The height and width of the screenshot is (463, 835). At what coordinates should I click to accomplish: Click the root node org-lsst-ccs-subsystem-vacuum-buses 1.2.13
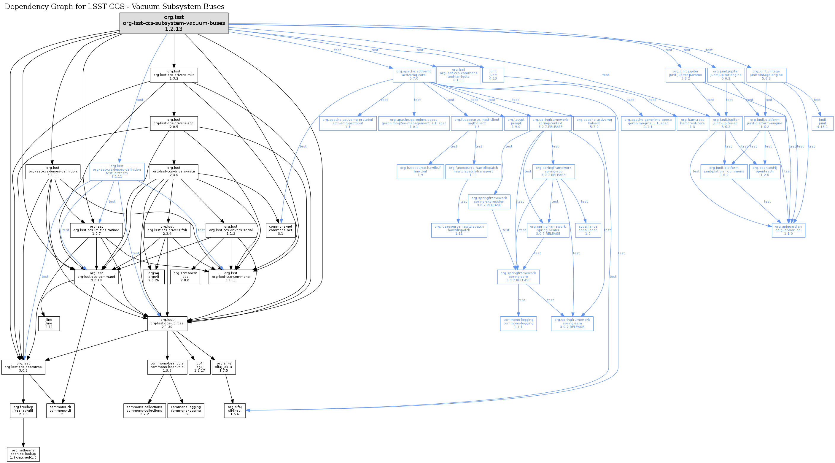174,23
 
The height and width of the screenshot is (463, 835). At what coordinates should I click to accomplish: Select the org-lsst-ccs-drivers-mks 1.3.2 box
174,75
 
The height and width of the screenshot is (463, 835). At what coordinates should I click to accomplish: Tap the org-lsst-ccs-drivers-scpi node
174,123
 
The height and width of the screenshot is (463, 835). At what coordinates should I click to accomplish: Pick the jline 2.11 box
49,323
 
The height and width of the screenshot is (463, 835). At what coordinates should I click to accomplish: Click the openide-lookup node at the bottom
23,454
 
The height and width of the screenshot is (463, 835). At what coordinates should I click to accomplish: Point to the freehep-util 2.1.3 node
23,410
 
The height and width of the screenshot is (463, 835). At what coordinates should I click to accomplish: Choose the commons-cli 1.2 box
60,410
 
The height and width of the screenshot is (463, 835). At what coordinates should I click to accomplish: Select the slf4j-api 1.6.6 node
235,410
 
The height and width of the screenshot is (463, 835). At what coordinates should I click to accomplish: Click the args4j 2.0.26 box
154,277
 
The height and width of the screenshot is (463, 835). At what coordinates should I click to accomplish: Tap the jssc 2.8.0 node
185,277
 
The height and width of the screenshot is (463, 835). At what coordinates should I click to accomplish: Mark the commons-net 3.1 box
281,230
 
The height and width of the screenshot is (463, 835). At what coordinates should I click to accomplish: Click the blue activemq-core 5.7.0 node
413,75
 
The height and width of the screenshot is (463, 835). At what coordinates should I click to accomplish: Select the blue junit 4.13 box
493,75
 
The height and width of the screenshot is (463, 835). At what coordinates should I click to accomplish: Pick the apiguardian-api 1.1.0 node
788,230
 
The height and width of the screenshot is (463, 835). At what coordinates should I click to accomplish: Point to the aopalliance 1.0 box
588,230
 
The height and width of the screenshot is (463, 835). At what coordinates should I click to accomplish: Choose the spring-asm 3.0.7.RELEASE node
572,323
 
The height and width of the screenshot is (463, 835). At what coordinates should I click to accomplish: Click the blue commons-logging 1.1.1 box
518,323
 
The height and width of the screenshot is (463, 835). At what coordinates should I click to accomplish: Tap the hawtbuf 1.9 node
420,171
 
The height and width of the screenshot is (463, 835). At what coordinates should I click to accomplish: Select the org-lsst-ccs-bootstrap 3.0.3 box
23,367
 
